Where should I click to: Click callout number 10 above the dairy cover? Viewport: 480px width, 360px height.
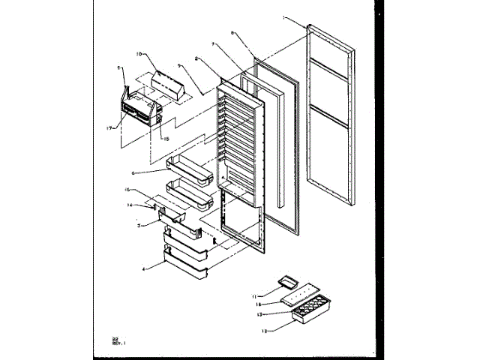139,54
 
